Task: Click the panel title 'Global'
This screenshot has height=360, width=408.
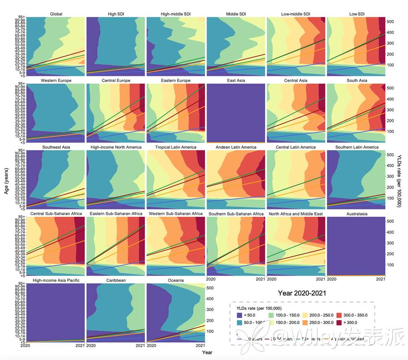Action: [56, 14]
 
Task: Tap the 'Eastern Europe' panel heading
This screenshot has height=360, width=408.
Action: [175, 81]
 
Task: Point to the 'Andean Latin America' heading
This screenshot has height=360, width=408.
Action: [236, 147]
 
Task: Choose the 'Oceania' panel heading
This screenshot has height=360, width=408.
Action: [175, 281]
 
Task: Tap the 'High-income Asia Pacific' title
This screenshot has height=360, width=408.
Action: [56, 281]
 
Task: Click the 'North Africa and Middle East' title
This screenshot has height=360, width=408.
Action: [296, 214]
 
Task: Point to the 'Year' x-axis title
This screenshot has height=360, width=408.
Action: [207, 352]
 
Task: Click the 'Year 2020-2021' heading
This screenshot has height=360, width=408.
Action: [302, 293]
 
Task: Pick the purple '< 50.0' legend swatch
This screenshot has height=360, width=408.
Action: [238, 314]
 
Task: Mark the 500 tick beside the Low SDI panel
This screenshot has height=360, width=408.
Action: [390, 21]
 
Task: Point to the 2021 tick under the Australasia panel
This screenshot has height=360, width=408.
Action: [381, 279]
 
